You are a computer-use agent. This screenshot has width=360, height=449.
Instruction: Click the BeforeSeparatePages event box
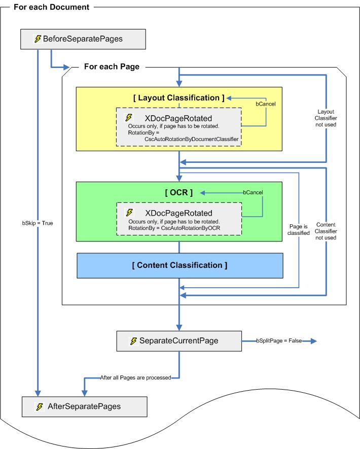pyautogui.click(x=83, y=39)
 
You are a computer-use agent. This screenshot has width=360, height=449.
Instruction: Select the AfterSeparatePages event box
pyautogui.click(x=84, y=406)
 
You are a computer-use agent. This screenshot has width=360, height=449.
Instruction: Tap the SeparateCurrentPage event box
pyautogui.click(x=179, y=341)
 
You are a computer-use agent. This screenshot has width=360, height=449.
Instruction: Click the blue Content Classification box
pyautogui.click(x=179, y=265)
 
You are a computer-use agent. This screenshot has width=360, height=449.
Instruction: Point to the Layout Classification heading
pyautogui.click(x=178, y=98)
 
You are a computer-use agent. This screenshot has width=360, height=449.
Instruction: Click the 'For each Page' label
pyautogui.click(x=115, y=66)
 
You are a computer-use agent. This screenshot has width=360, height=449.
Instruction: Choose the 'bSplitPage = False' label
pyautogui.click(x=279, y=341)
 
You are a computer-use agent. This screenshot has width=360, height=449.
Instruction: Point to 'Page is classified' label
pyautogui.click(x=299, y=229)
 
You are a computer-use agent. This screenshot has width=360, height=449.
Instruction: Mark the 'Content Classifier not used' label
pyautogui.click(x=327, y=231)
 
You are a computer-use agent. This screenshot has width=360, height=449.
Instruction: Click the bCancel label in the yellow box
pyautogui.click(x=266, y=103)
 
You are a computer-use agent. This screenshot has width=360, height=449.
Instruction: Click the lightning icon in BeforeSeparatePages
pyautogui.click(x=38, y=39)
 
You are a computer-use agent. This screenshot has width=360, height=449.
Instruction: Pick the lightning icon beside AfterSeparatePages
pyautogui.click(x=40, y=406)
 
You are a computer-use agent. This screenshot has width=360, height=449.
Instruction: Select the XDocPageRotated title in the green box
pyautogui.click(x=178, y=213)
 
